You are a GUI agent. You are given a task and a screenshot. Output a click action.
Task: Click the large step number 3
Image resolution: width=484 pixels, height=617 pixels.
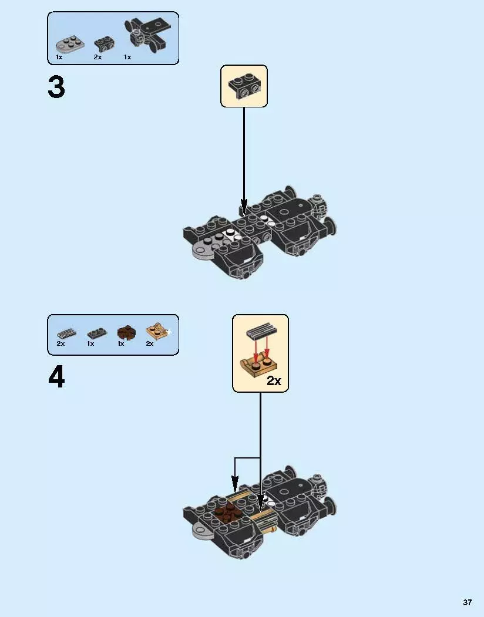pyautogui.click(x=56, y=88)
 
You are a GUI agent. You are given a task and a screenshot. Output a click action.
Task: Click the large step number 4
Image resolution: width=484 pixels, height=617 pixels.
pyautogui.click(x=56, y=377)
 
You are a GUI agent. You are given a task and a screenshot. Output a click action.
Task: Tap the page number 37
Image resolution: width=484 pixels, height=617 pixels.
pyautogui.click(x=467, y=602)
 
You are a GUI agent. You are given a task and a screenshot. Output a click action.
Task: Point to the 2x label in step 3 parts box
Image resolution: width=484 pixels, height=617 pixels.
pyautogui.click(x=98, y=57)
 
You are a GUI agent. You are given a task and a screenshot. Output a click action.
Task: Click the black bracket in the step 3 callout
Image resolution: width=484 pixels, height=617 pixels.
pyautogui.click(x=244, y=86)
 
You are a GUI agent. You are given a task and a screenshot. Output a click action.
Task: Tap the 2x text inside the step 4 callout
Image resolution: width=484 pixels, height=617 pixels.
pyautogui.click(x=274, y=380)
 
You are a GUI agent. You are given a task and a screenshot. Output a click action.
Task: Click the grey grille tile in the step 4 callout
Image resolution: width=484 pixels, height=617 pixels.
pyautogui.click(x=260, y=333)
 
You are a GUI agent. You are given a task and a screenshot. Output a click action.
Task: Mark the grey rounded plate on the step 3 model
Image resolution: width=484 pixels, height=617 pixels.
pyautogui.click(x=204, y=250)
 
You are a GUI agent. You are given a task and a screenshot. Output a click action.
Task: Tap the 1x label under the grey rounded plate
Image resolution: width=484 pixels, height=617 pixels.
pyautogui.click(x=59, y=57)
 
